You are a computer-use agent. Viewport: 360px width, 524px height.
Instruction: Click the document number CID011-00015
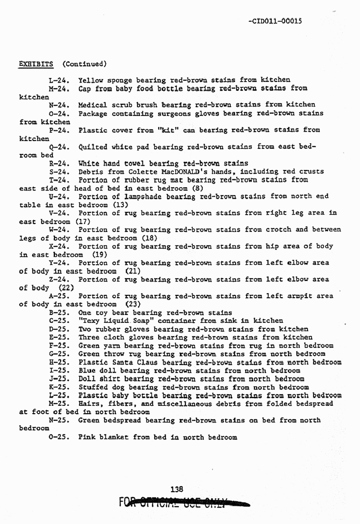275,21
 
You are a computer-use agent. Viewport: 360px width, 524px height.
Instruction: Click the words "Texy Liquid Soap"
116,320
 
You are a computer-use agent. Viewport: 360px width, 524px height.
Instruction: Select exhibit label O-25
59,437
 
